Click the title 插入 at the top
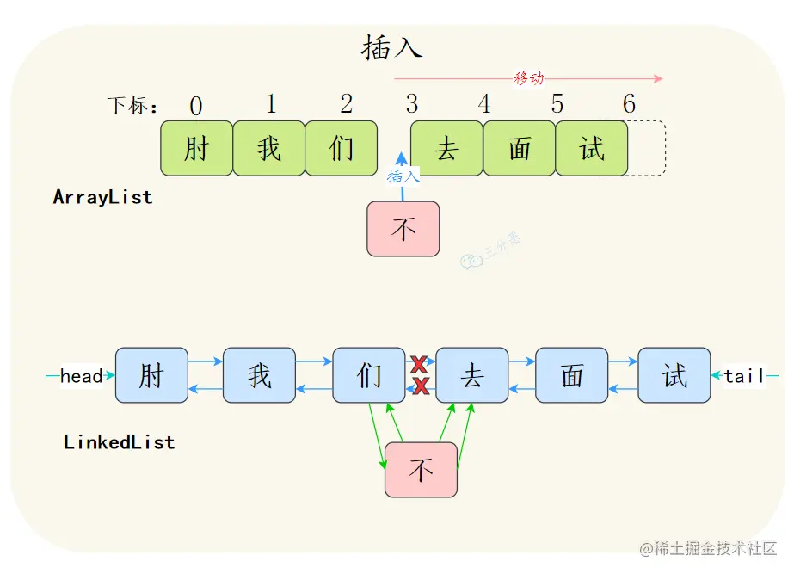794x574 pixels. point(391,48)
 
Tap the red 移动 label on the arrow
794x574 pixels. point(528,78)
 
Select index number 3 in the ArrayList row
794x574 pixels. point(412,105)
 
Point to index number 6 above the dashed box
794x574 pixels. point(629,105)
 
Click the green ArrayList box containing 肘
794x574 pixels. point(196,149)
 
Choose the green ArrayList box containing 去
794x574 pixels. point(446,149)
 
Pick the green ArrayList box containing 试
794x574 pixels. point(592,149)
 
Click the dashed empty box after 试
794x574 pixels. point(647,149)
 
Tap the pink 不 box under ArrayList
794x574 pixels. point(403,229)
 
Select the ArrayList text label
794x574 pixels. point(102,197)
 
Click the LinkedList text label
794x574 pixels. point(119,442)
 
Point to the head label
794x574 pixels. point(81,376)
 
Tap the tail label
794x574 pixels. point(744,376)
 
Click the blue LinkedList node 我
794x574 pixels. point(259,375)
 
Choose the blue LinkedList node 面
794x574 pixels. point(571,375)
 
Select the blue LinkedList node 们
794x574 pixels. point(368,375)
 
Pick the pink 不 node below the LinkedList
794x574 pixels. point(421,470)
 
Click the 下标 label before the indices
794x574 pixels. point(132,106)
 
